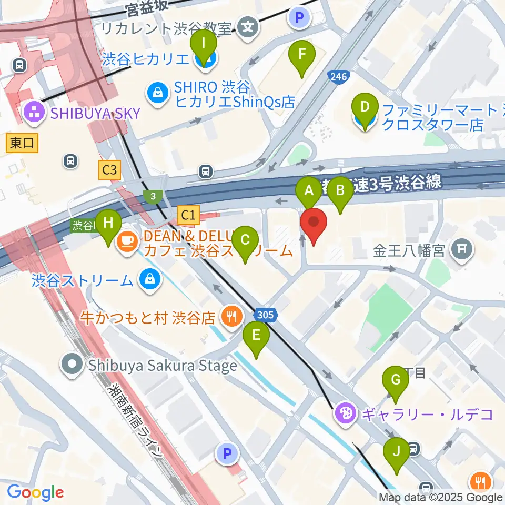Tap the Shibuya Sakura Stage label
coord(163,365)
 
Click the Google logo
coord(35,493)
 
